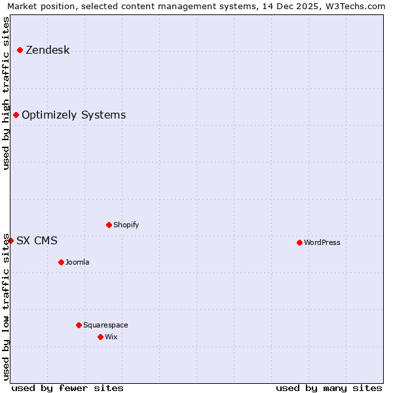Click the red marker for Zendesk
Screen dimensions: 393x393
pyautogui.click(x=20, y=50)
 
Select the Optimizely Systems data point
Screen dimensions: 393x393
pyautogui.click(x=16, y=115)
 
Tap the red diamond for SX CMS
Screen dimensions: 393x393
pyautogui.click(x=11, y=240)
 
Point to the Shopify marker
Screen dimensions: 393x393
pyautogui.click(x=109, y=225)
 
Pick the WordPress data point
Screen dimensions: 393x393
pyautogui.click(x=299, y=242)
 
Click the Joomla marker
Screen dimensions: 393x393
pyautogui.click(x=61, y=262)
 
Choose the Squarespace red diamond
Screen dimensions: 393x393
pyautogui.click(x=79, y=325)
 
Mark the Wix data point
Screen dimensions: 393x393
pyautogui.click(x=100, y=337)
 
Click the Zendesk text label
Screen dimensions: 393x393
pyautogui.click(x=47, y=50)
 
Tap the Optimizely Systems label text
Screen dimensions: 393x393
pyautogui.click(x=73, y=115)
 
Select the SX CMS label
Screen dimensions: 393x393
pyautogui.click(x=37, y=240)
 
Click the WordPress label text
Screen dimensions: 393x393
pyautogui.click(x=322, y=242)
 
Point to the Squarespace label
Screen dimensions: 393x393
pyautogui.click(x=105, y=325)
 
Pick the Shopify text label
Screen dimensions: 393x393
pyautogui.click(x=126, y=225)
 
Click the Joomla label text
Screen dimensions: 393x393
pyautogui.click(x=77, y=262)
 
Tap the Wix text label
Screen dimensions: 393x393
pyautogui.click(x=111, y=337)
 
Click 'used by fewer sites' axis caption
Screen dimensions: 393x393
pyautogui.click(x=67, y=388)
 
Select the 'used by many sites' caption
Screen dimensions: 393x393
pyautogui.click(x=329, y=388)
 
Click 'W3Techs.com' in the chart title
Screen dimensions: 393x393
pyautogui.click(x=355, y=6)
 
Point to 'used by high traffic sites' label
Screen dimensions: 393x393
pyautogui.click(x=6, y=93)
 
